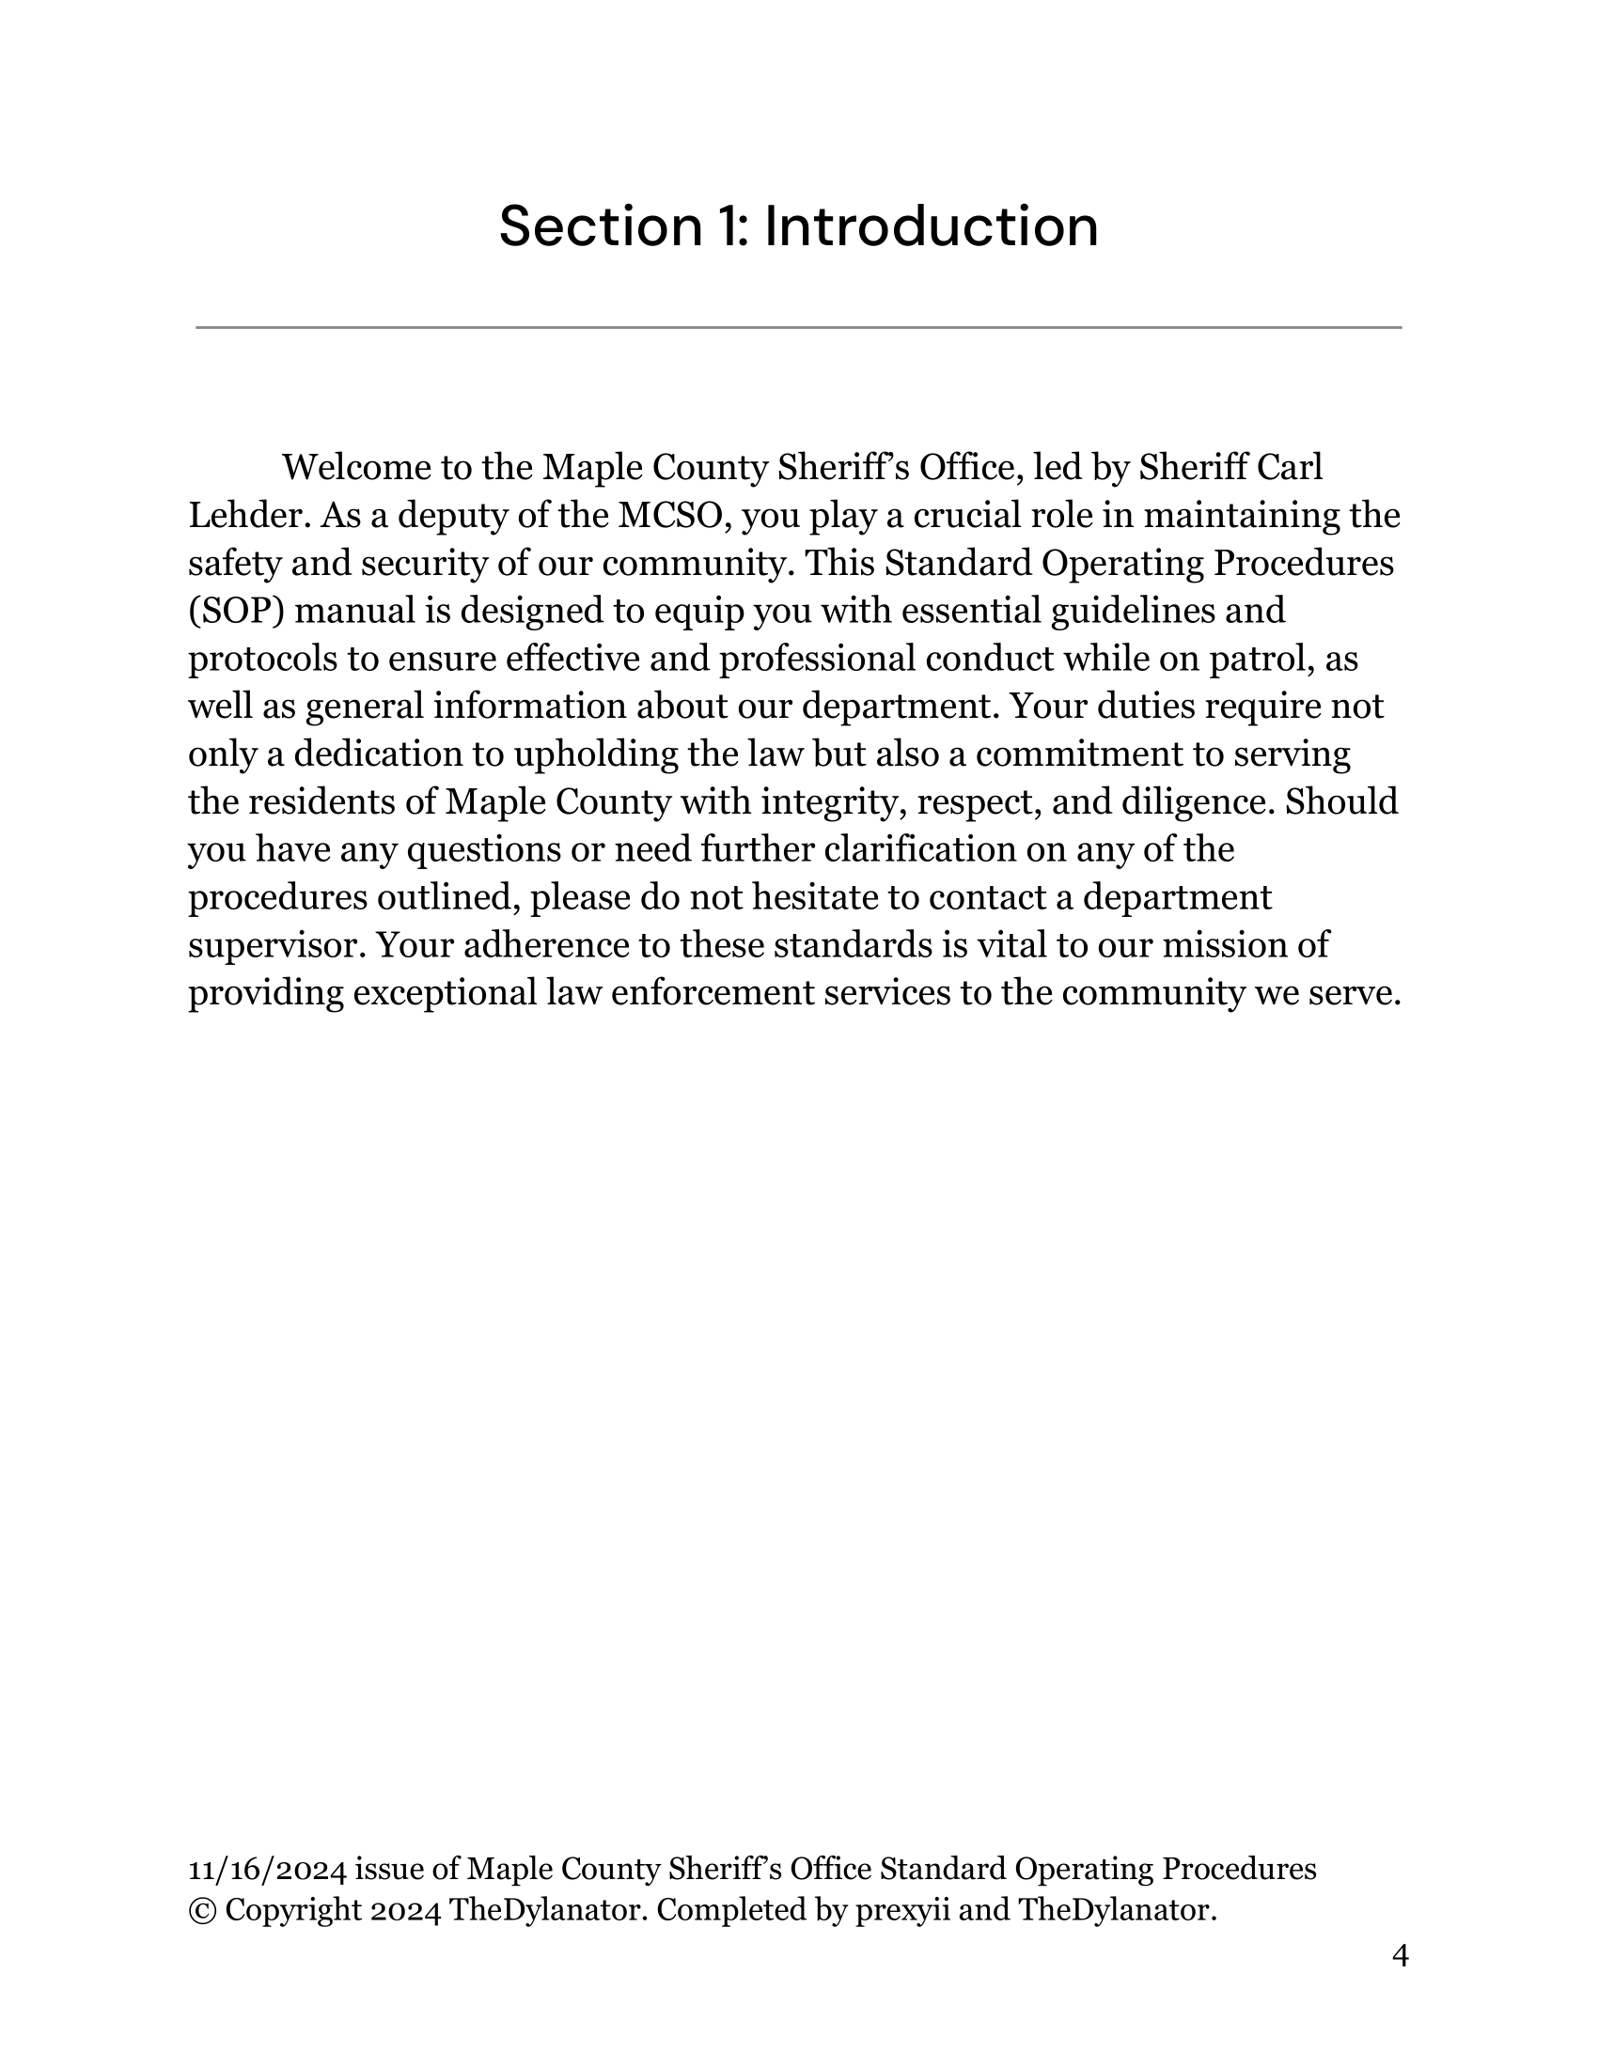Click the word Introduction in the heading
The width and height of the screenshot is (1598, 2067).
[931, 227]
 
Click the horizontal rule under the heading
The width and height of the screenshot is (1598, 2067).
[798, 328]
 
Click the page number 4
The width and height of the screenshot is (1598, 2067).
[1401, 1955]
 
